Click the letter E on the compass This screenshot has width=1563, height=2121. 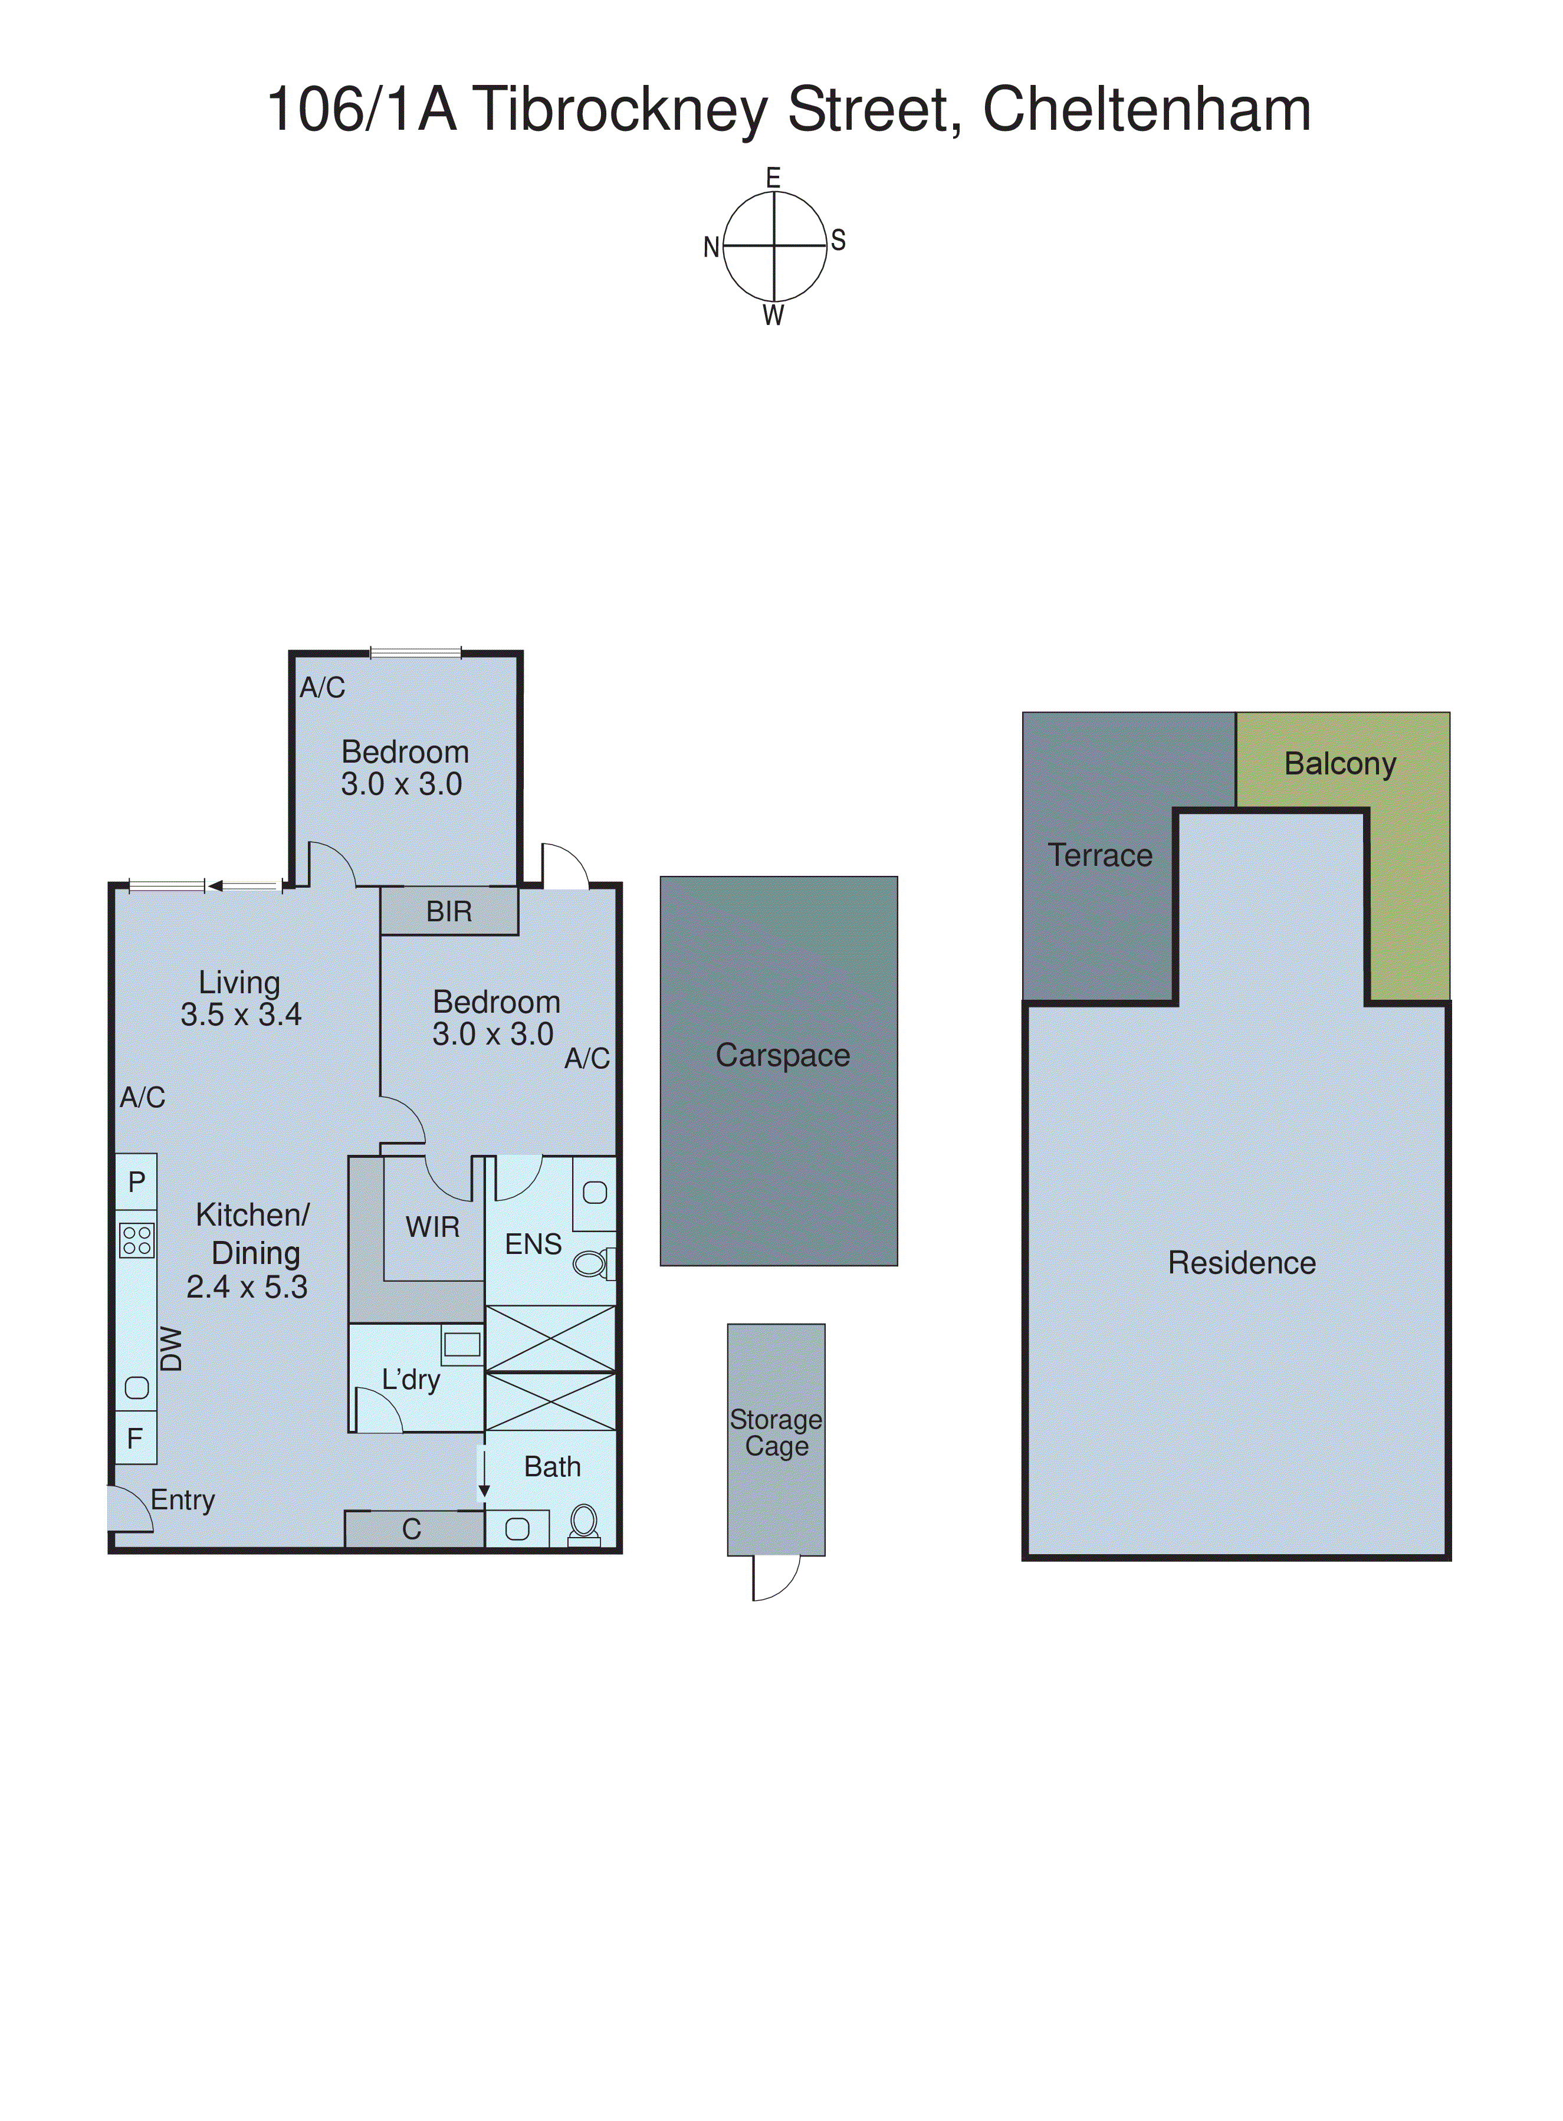coord(773,178)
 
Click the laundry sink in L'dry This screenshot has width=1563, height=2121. coord(462,1344)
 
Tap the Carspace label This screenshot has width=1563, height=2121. coord(783,1055)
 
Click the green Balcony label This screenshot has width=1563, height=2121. coord(1339,763)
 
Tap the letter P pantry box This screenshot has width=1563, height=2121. coord(136,1181)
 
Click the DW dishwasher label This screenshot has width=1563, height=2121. coord(171,1348)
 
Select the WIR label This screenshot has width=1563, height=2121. coord(432,1227)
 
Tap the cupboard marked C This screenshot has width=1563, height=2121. coord(412,1529)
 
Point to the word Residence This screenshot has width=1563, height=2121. coord(1242,1263)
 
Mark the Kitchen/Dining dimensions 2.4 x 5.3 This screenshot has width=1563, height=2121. coord(247,1286)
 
